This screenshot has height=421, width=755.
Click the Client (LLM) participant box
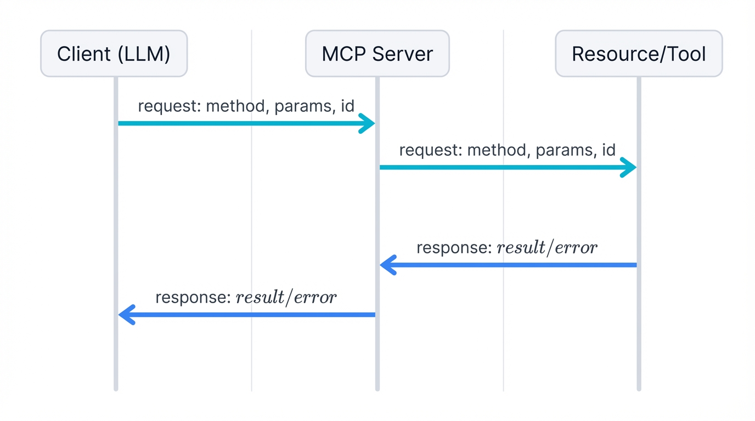114,54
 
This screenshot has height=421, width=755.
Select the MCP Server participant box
377,54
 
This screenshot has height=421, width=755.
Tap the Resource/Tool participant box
639,54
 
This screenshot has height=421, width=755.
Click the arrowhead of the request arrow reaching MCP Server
368,123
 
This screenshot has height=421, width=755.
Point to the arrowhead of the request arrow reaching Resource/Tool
629,167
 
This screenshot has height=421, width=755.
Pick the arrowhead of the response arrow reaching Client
126,315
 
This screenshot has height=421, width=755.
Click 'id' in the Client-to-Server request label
347,106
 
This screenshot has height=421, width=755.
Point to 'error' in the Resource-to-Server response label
576,248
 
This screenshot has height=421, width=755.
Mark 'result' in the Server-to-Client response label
261,298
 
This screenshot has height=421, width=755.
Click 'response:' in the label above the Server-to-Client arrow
192,298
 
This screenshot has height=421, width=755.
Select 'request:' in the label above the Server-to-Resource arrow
431,150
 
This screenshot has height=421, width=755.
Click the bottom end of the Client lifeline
116,388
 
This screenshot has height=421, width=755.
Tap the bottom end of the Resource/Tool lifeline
639,388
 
